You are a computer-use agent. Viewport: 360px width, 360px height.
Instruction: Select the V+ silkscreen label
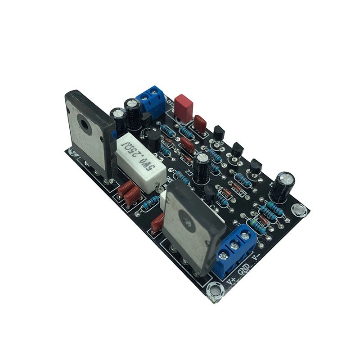coord(231,280)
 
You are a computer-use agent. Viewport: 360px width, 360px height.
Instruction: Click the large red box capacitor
coord(184,108)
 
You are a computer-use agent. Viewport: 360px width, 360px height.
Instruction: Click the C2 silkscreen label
coord(189,172)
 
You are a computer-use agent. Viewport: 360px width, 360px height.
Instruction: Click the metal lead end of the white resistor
coord(157,184)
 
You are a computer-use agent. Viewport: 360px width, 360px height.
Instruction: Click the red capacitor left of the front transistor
coord(157,222)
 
